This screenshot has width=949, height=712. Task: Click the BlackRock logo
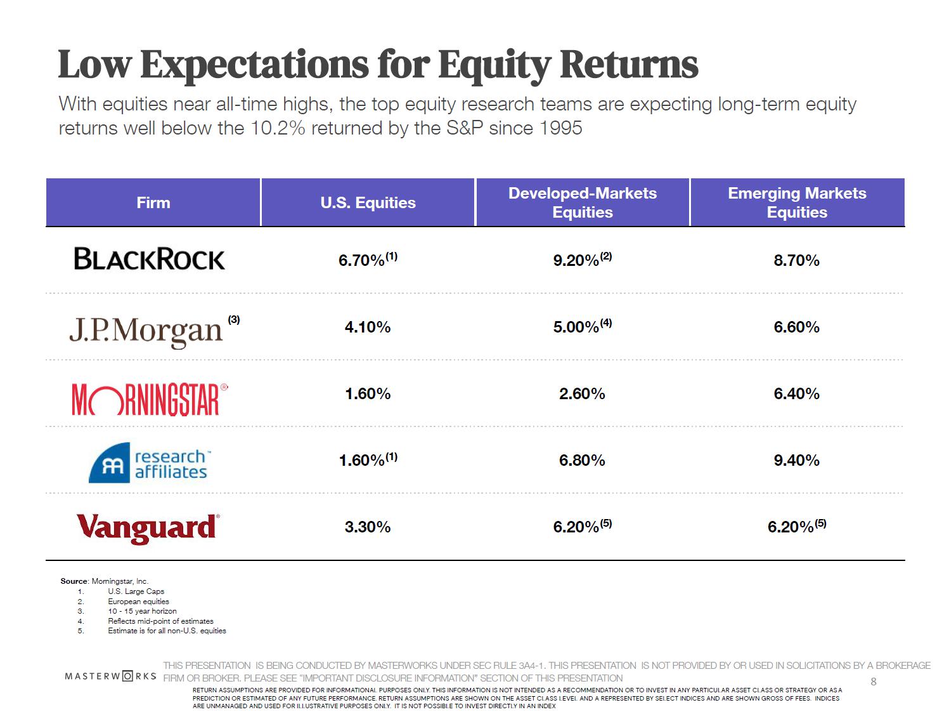(150, 259)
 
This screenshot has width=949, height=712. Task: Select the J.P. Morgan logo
(146, 330)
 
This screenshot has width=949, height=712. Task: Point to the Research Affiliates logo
(149, 464)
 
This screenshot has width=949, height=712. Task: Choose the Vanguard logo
(148, 528)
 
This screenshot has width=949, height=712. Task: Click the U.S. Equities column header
(368, 202)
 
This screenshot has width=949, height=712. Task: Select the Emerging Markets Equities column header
(797, 202)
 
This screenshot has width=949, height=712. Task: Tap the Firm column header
(153, 202)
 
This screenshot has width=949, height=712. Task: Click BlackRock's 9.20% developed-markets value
(576, 260)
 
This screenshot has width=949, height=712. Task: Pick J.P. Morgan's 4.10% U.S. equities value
(368, 327)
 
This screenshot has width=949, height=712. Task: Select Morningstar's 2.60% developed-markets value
(582, 393)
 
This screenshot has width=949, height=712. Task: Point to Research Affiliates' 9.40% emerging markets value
(796, 460)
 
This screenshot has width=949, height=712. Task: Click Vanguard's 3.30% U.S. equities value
(368, 527)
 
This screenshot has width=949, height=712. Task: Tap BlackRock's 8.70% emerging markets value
(796, 260)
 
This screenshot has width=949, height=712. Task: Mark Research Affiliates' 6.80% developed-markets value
(582, 460)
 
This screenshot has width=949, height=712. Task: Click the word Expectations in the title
(254, 65)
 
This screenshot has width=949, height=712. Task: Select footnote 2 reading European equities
(138, 602)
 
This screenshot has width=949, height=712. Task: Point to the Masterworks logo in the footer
(110, 676)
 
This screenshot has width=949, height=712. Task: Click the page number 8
(874, 682)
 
